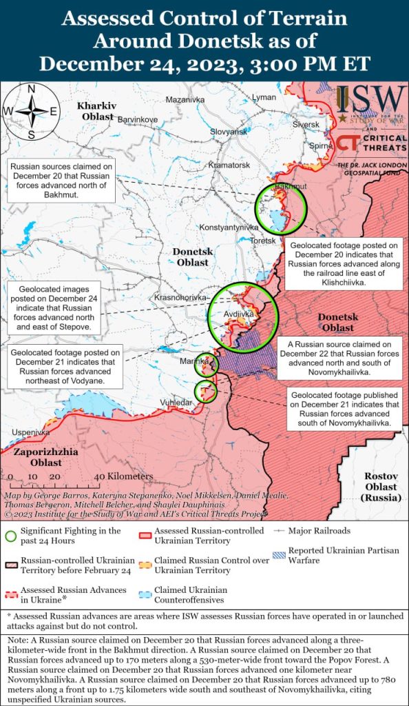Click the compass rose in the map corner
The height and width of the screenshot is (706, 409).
click(31, 110)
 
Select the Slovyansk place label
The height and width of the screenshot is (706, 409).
click(228, 132)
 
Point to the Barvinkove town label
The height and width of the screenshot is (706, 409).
click(138, 120)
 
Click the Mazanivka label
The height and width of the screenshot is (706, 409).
click(186, 100)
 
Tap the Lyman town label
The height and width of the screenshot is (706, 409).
click(264, 98)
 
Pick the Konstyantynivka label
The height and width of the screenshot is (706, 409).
click(229, 227)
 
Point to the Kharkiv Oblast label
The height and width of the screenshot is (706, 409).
click(96, 111)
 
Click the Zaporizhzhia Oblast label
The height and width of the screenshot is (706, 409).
click(44, 457)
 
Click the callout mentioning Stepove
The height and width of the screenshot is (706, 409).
click(54, 307)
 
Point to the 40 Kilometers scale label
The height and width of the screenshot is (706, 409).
click(124, 476)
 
